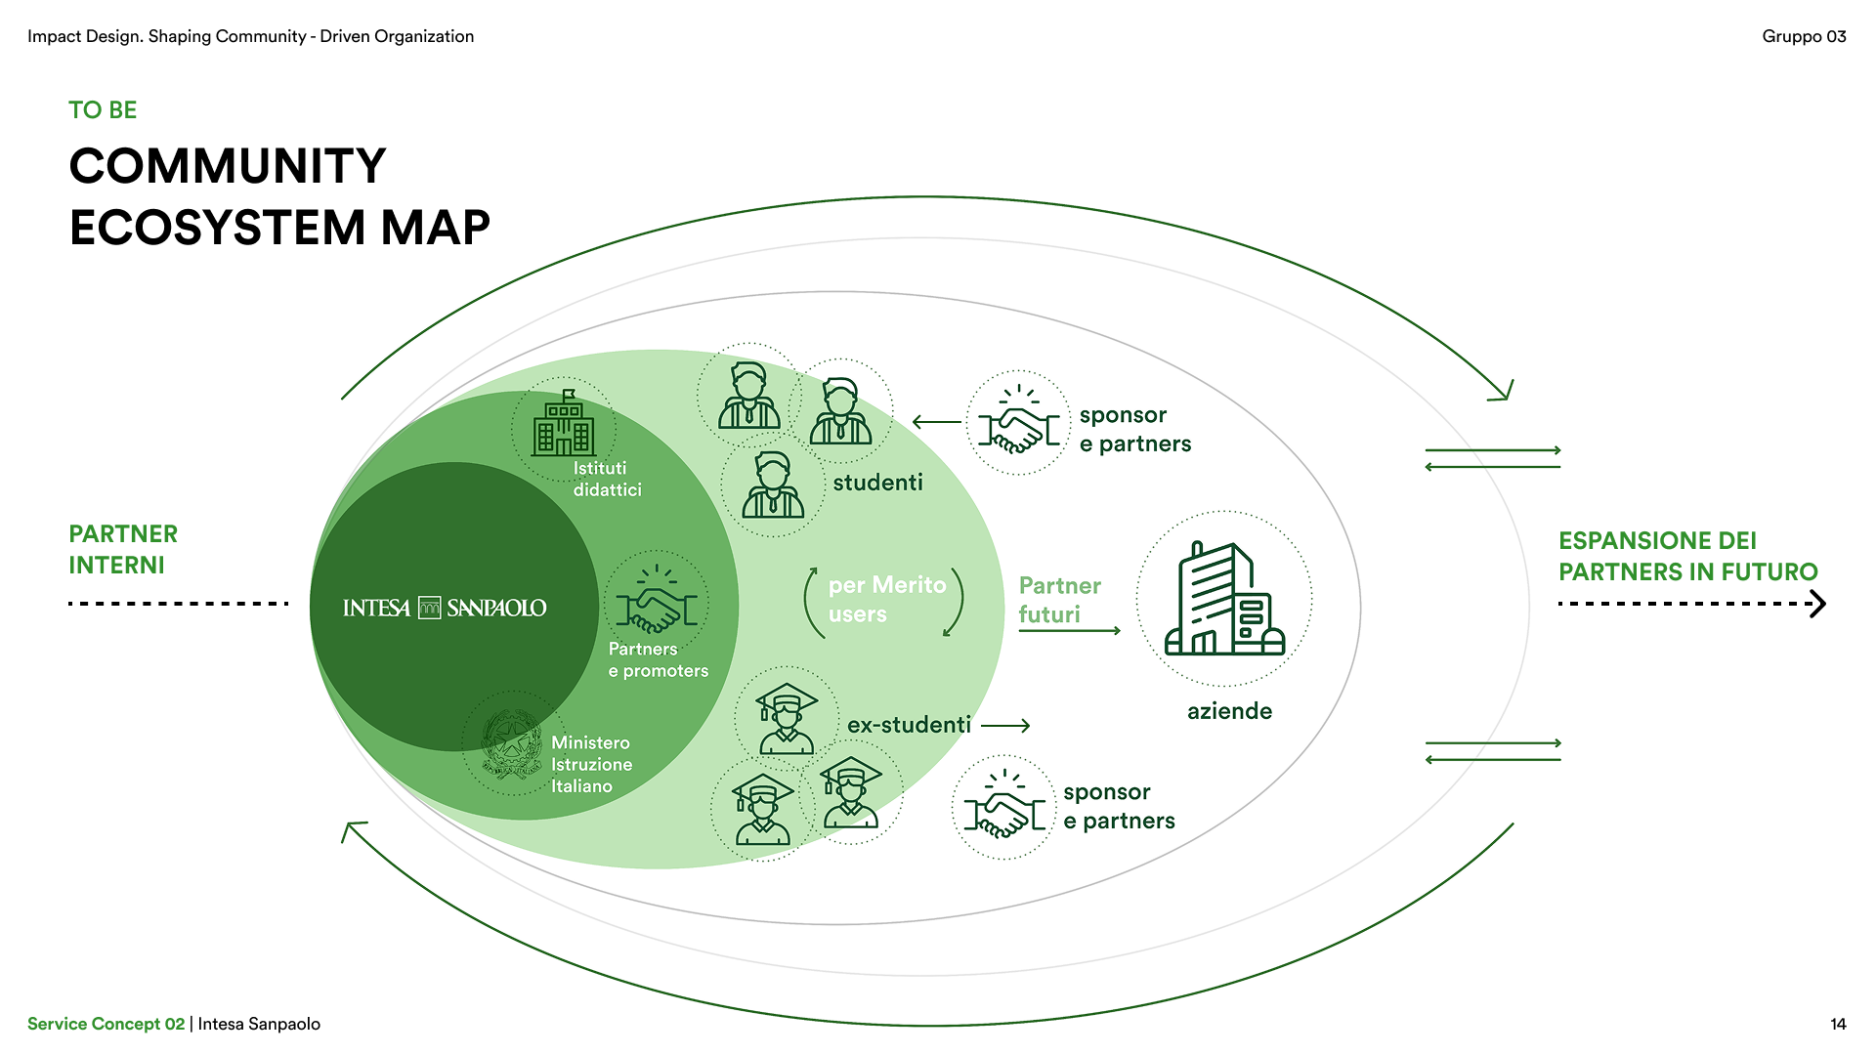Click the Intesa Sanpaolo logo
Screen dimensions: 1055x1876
click(445, 608)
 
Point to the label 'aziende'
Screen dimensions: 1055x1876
click(1229, 711)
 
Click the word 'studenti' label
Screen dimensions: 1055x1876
click(877, 483)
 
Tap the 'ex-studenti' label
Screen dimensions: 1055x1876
click(909, 725)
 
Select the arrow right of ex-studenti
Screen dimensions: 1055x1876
click(1005, 726)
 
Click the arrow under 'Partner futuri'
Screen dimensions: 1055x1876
click(1069, 631)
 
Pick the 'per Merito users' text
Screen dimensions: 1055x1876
click(886, 599)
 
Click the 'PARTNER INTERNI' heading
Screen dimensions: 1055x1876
click(123, 549)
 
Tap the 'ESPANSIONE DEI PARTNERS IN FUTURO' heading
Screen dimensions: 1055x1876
click(1687, 556)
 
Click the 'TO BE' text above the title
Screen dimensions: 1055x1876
click(103, 110)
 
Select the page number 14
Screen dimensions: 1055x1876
click(1838, 1024)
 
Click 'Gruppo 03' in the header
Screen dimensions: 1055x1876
click(1804, 36)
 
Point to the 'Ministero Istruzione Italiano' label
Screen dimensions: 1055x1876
click(591, 764)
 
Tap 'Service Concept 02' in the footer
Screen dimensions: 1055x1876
click(106, 1024)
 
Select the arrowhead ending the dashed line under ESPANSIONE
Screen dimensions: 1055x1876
click(1817, 604)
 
